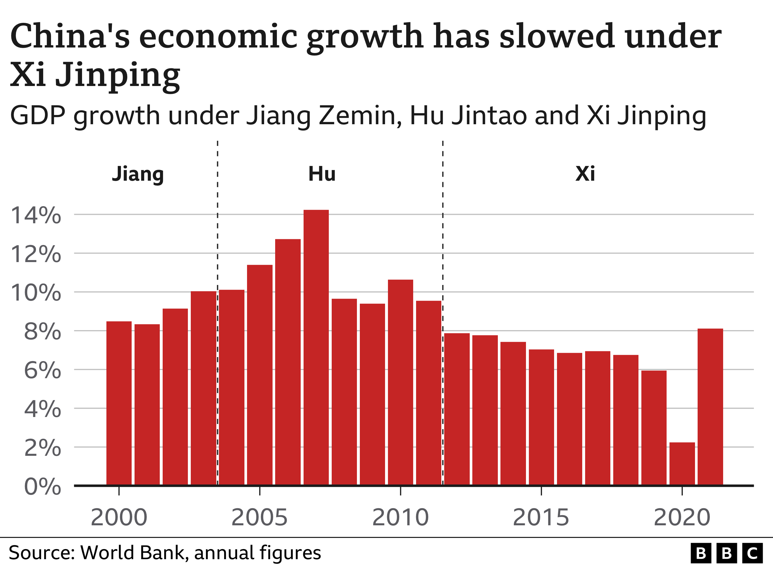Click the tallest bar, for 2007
[316, 347]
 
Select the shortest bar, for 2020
[682, 463]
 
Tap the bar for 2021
[710, 407]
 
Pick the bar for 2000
[119, 403]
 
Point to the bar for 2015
[541, 417]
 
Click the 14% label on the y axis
[36, 215]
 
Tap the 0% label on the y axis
[43, 487]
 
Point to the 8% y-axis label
[43, 332]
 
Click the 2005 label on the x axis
[260, 517]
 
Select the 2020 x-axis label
[682, 517]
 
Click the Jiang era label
[138, 174]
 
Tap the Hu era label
[322, 174]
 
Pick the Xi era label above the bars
[585, 174]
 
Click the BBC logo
[726, 553]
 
